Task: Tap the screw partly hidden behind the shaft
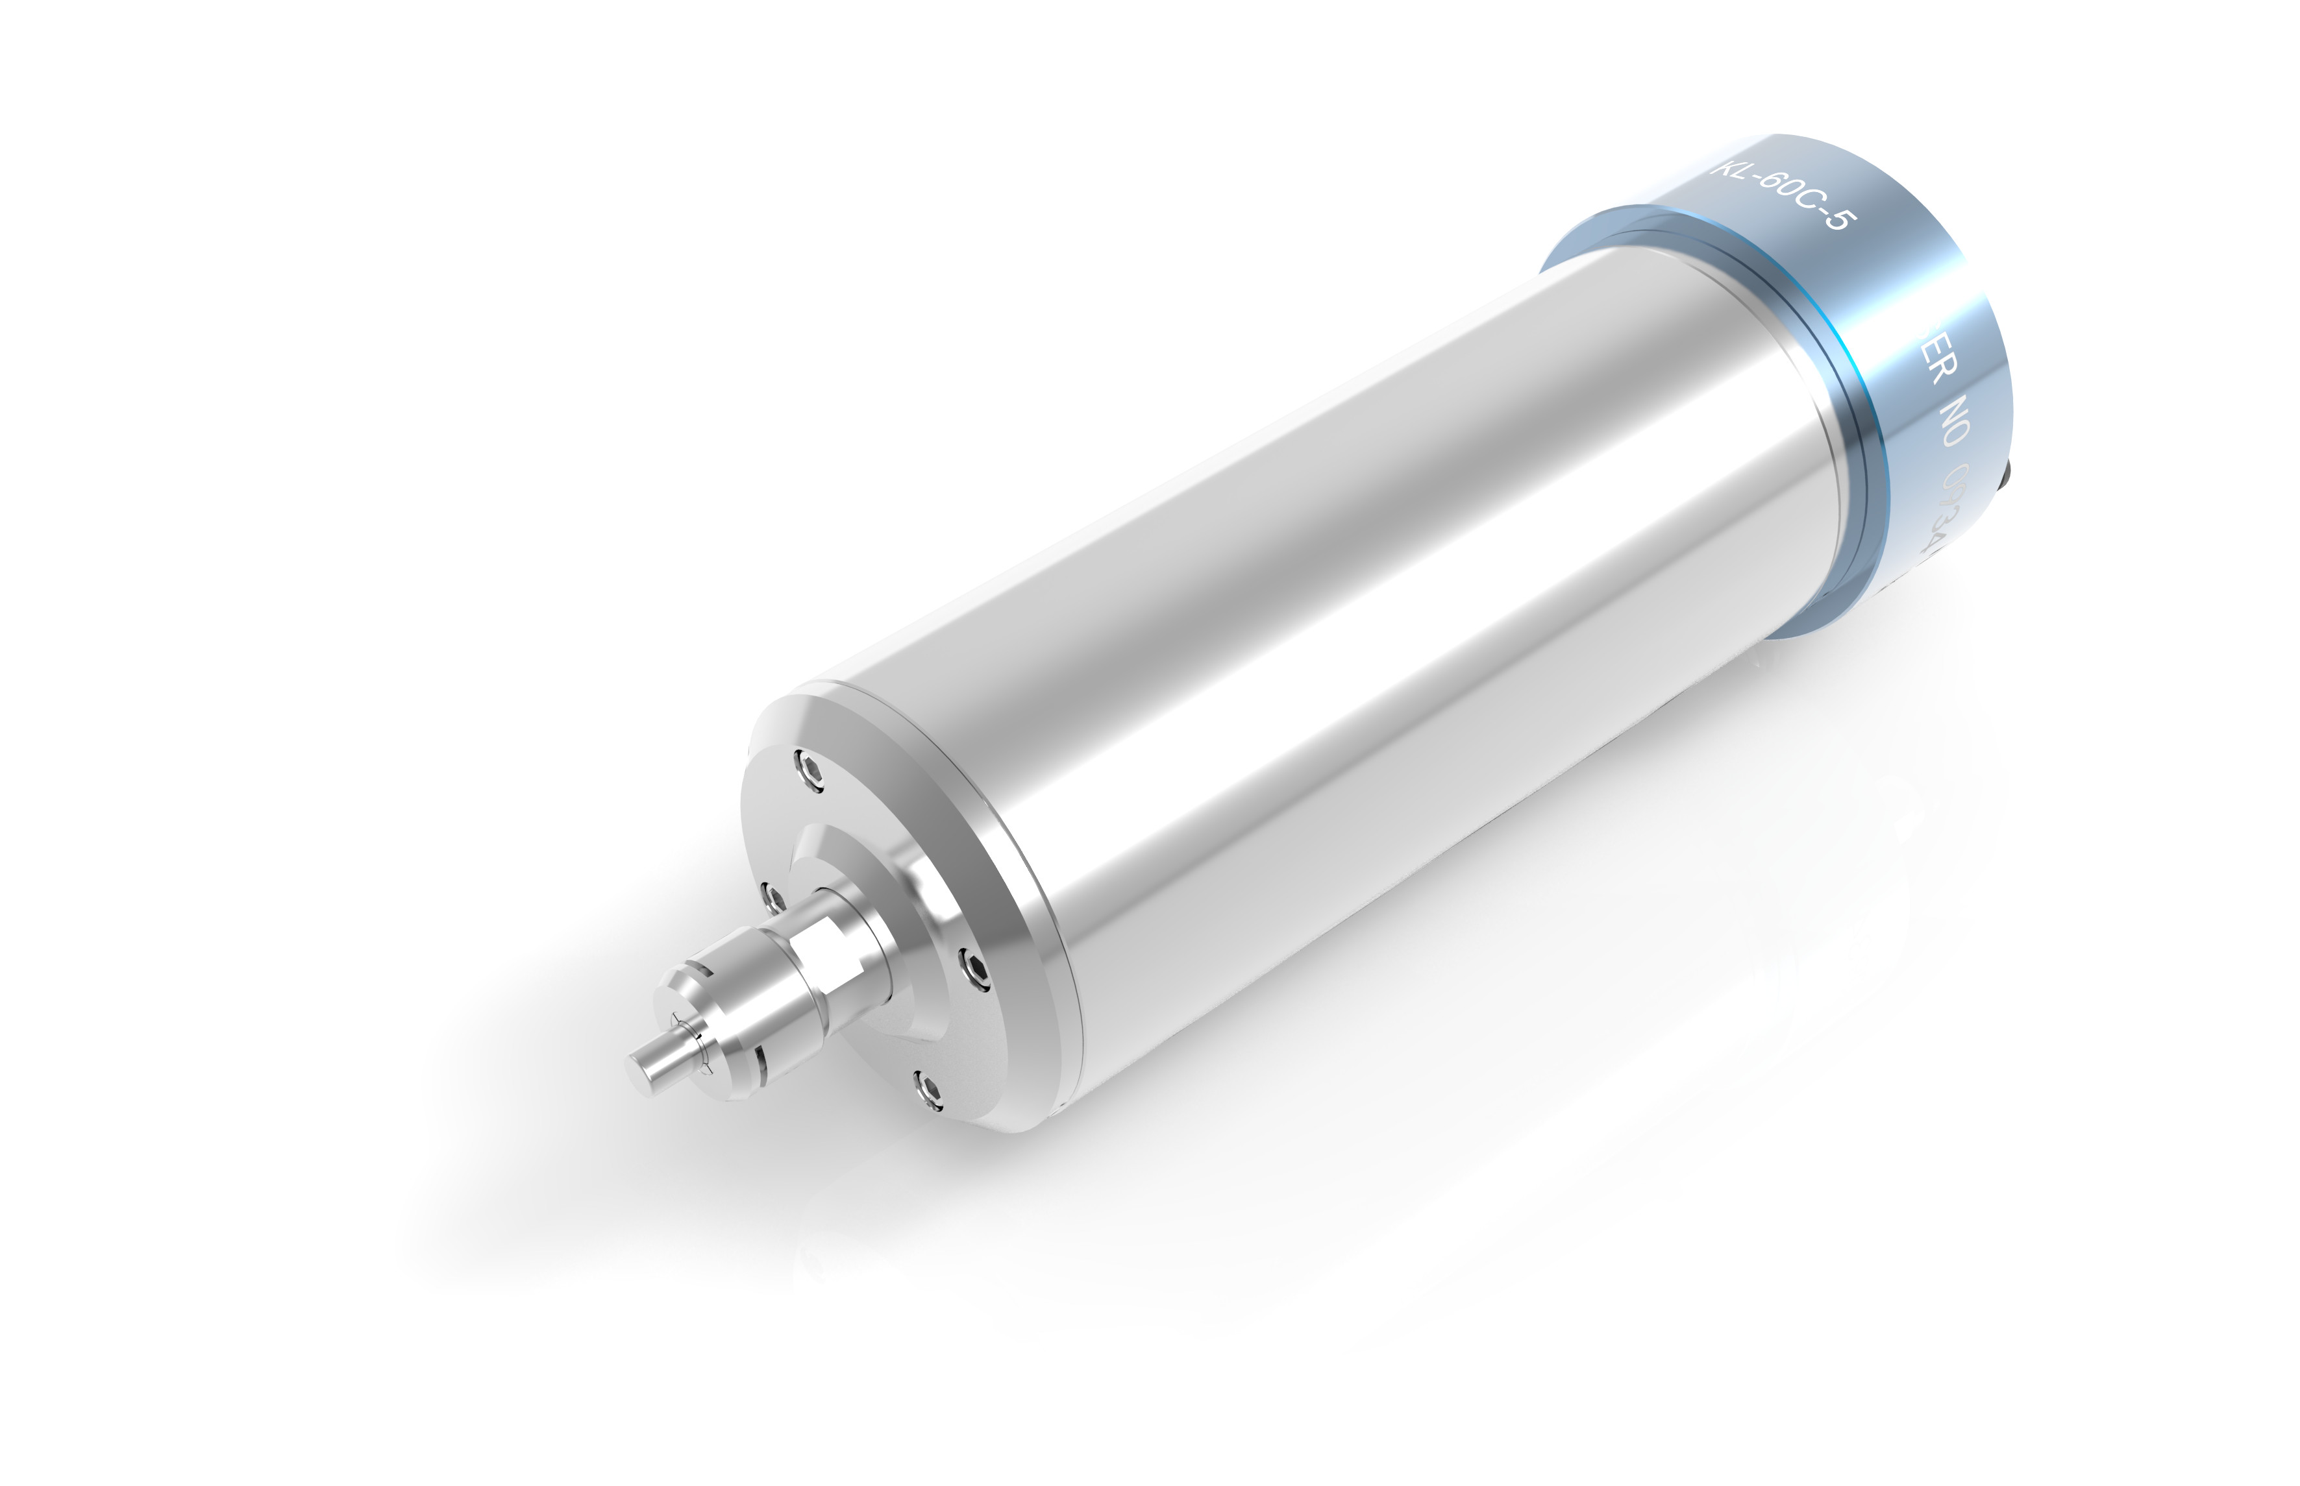tap(770, 898)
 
